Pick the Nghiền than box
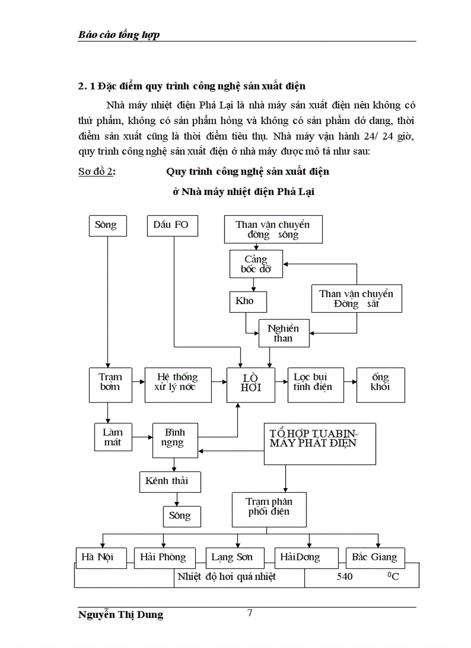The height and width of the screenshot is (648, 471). point(283,333)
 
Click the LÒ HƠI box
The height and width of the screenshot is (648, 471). point(251,383)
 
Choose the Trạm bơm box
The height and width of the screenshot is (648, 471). point(107,384)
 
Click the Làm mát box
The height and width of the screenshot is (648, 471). point(113,437)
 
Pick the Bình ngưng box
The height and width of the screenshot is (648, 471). point(174,438)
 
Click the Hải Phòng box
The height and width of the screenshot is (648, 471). point(163,557)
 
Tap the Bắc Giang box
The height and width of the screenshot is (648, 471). point(375,557)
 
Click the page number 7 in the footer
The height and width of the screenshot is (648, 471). point(249,613)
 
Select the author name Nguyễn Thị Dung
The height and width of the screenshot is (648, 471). point(120,615)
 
